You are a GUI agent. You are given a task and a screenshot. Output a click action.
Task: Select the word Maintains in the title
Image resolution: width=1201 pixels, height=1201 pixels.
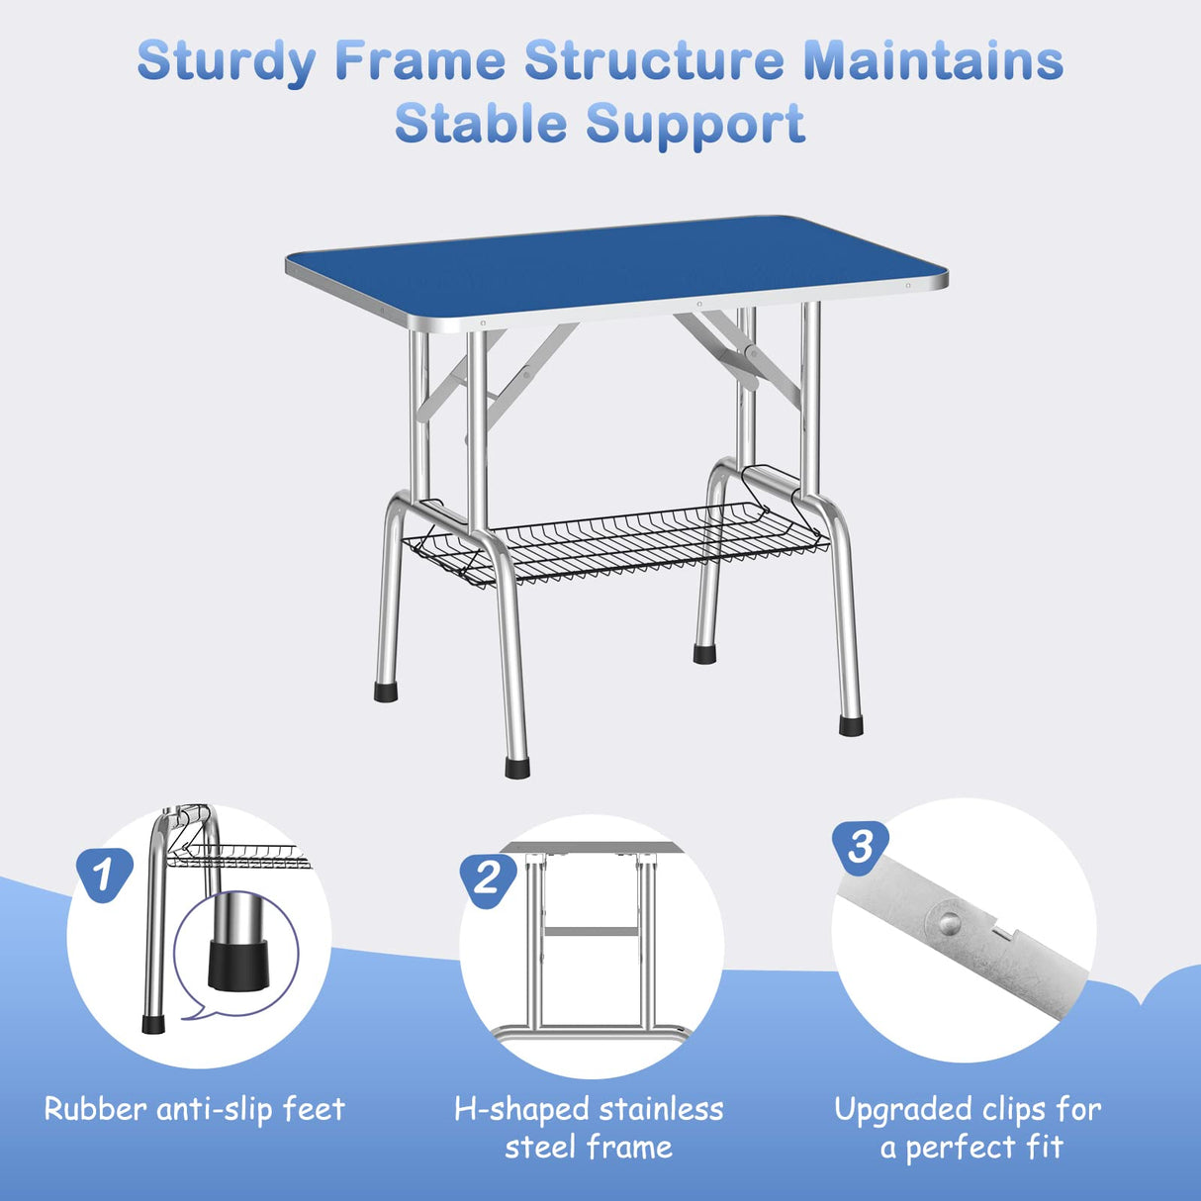pos(933,61)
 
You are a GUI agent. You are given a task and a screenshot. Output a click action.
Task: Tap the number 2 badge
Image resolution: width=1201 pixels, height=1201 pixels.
pos(488,878)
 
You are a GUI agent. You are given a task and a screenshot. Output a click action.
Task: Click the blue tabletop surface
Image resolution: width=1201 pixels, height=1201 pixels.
pos(613,265)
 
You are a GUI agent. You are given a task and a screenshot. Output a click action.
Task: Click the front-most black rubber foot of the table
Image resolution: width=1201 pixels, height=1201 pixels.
pos(516,768)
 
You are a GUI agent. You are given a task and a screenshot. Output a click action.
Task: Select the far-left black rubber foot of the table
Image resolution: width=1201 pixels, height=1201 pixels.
pos(386,692)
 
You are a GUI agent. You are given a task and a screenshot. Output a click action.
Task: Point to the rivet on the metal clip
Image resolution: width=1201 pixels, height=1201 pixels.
pos(949,922)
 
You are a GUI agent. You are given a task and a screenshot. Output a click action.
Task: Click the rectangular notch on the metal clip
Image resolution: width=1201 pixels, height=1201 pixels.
pos(1005,931)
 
